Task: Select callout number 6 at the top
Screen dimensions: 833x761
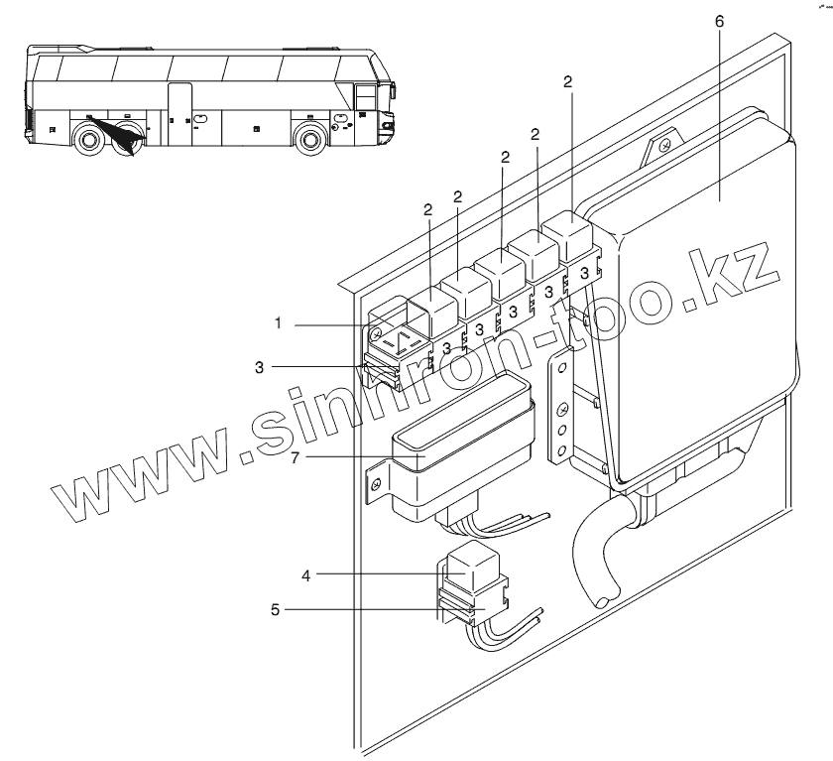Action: click(718, 20)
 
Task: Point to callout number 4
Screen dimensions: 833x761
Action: click(305, 574)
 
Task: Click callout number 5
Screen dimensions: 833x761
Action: click(277, 609)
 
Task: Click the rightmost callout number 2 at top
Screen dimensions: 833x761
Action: click(568, 83)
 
